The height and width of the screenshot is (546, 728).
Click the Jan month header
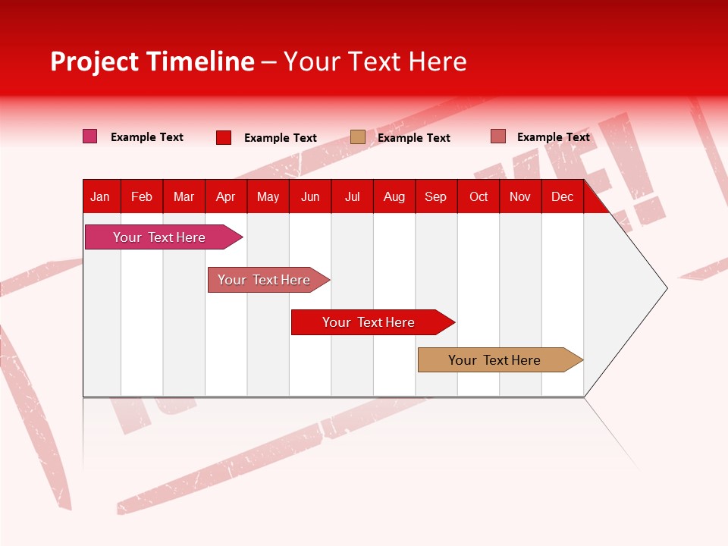point(100,197)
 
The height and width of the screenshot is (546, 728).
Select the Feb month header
point(142,197)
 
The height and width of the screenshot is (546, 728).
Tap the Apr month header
point(226,197)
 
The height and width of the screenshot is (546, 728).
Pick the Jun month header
point(310,197)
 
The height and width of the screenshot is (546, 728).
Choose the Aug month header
point(394,197)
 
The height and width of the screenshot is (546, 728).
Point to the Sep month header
point(436,197)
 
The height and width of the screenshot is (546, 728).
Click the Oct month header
point(479,197)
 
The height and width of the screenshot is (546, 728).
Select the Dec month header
point(563,197)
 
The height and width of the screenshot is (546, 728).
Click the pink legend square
point(90,136)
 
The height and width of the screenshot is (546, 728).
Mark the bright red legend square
point(224,137)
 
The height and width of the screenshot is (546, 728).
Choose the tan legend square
point(358,137)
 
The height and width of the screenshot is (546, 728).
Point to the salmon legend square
point(498,136)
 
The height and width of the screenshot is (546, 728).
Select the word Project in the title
point(96,61)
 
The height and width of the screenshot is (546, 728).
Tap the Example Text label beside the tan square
point(414,138)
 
